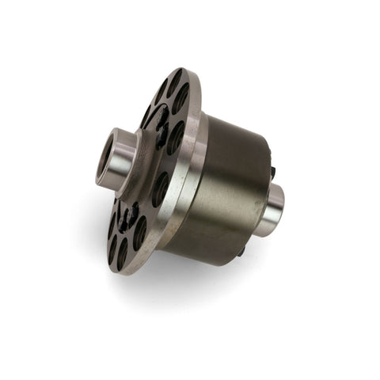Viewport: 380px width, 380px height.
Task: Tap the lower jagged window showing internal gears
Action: tap(127, 214)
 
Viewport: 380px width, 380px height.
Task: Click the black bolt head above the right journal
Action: tap(271, 169)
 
